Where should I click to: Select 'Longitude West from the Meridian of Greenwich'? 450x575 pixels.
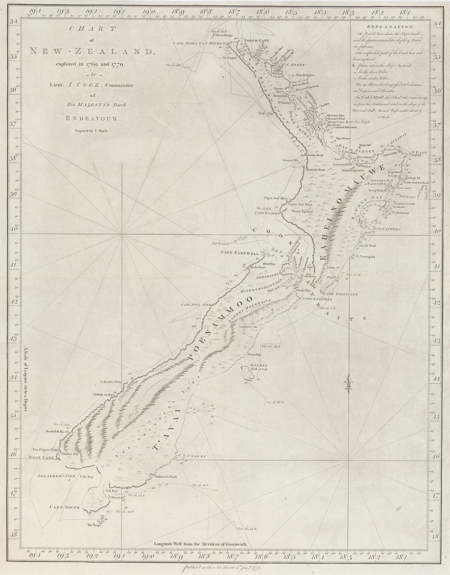click(x=202, y=544)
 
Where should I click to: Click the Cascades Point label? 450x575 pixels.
click(x=111, y=381)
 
